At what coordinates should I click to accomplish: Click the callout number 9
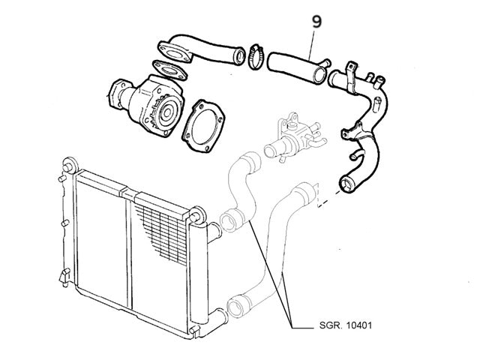click(x=316, y=22)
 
